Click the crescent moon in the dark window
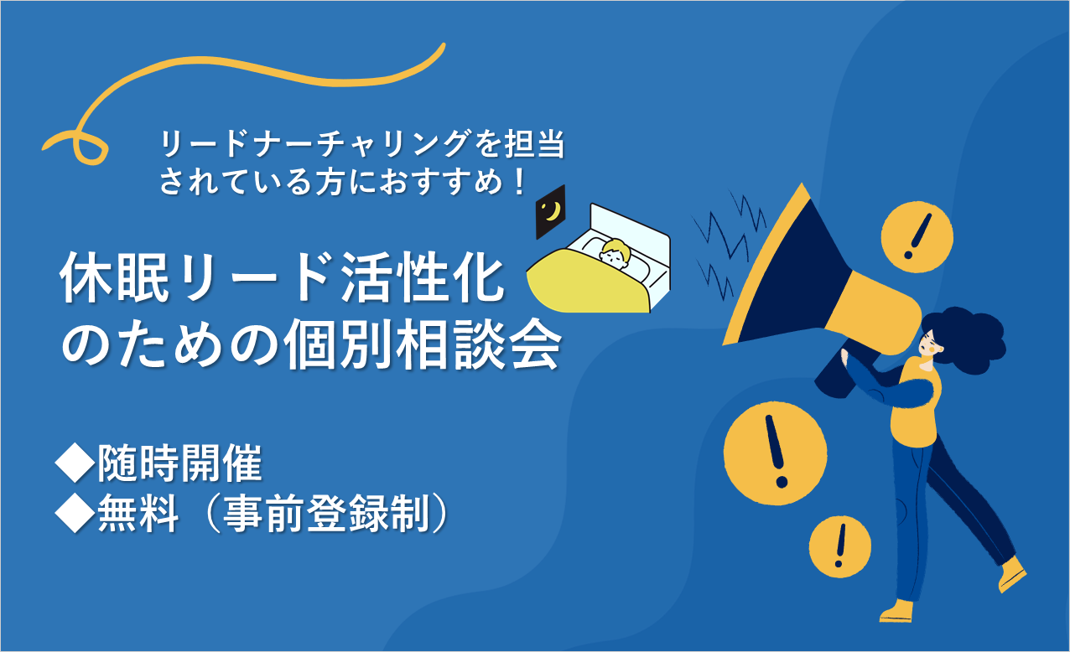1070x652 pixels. [553, 210]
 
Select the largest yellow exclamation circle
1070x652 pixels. [775, 453]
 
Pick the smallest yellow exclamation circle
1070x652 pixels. [839, 546]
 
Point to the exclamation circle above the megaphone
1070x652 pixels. [917, 237]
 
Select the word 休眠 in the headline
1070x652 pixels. [115, 277]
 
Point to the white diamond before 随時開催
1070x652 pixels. [75, 463]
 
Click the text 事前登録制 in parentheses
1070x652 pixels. [328, 514]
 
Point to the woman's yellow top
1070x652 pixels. [915, 406]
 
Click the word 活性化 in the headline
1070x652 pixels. [423, 277]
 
